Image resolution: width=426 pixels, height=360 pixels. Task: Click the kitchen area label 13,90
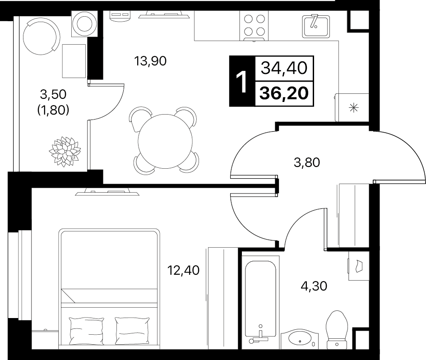(150, 61)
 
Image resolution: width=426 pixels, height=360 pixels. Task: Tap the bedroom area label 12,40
(183, 270)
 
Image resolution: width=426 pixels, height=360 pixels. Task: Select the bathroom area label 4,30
(314, 286)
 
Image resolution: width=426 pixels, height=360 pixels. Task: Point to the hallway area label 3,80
(307, 162)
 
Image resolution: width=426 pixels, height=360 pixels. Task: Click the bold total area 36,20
(284, 93)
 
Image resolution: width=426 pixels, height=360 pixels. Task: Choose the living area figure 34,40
(284, 68)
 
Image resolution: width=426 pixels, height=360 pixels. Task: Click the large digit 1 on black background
(241, 81)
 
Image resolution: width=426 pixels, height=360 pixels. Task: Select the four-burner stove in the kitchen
(254, 26)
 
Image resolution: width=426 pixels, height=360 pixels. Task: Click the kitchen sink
(316, 26)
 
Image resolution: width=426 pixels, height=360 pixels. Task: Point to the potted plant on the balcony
(65, 151)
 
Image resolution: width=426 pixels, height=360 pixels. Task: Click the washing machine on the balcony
(84, 24)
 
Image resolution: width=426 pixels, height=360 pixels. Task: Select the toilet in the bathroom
(337, 330)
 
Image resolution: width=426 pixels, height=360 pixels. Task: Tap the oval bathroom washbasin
(299, 338)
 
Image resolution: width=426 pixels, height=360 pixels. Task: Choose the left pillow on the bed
(87, 331)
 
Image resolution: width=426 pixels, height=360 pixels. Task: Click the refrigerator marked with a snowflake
(352, 107)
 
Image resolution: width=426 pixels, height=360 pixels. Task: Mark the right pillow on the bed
(132, 331)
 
